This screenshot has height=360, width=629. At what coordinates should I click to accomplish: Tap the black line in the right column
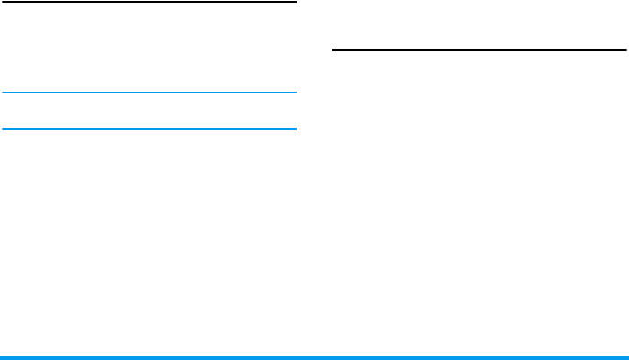point(479,51)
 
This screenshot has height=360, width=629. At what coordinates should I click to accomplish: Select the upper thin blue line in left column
point(149,92)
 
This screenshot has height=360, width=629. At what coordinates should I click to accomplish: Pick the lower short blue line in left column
point(149,128)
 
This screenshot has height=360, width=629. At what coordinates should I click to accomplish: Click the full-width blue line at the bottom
point(314,357)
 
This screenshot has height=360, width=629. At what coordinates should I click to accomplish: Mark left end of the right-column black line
point(333,51)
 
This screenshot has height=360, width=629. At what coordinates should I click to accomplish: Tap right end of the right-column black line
point(625,51)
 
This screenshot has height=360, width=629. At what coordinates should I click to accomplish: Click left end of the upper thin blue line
point(3,92)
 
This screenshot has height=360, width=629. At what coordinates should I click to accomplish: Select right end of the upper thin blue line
point(295,92)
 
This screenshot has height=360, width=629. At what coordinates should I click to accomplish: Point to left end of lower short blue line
point(3,128)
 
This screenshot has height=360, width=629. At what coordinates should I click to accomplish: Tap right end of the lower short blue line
point(295,128)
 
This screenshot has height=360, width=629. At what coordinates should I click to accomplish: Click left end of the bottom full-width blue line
point(1,357)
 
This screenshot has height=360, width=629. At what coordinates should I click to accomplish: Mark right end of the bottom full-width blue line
point(627,357)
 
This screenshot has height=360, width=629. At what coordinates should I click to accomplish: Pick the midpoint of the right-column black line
point(479,51)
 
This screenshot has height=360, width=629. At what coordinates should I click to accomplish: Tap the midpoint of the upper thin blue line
point(149,92)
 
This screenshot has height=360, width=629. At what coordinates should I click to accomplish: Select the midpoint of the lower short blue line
point(149,128)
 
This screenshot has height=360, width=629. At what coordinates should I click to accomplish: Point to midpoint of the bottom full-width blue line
point(314,357)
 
